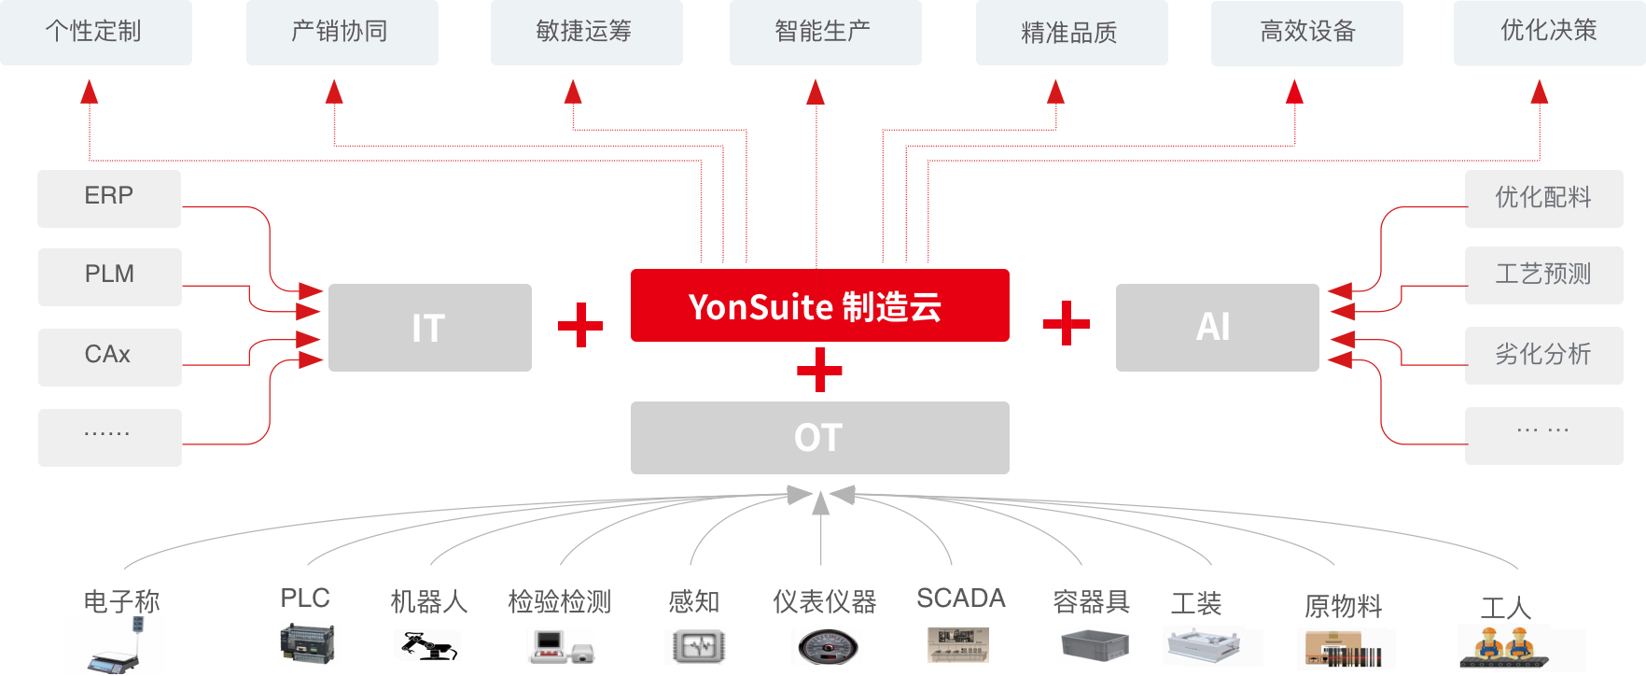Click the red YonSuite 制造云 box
pyautogui.click(x=819, y=305)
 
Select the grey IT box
pyautogui.click(x=429, y=328)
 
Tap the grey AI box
pyautogui.click(x=1217, y=327)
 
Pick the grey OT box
pyautogui.click(x=819, y=437)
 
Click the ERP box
pyautogui.click(x=109, y=198)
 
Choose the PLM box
pyautogui.click(x=109, y=276)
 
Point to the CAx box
pyautogui.click(x=109, y=357)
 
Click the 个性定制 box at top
pyautogui.click(x=95, y=32)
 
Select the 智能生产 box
pyautogui.click(x=825, y=32)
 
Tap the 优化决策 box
pyautogui.click(x=1549, y=32)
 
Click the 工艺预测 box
pyautogui.click(x=1543, y=275)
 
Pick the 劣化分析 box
pyautogui.click(x=1543, y=355)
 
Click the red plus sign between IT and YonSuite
pyautogui.click(x=580, y=325)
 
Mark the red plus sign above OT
pyautogui.click(x=820, y=370)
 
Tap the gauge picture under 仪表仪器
pyautogui.click(x=826, y=646)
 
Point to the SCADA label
pyautogui.click(x=961, y=598)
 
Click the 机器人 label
pyautogui.click(x=428, y=602)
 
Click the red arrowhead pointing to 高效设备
pyautogui.click(x=1294, y=92)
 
